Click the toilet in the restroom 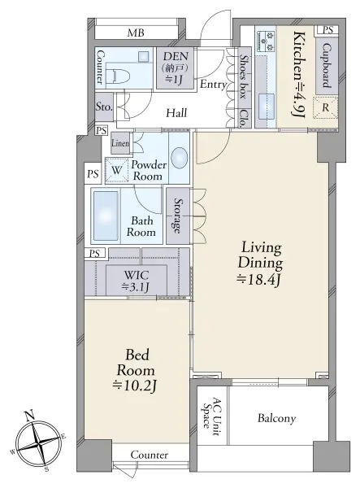[115, 76]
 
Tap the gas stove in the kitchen [266, 41]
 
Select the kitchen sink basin [266, 106]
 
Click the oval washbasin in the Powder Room [180, 158]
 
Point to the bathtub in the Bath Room [106, 216]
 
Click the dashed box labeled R [325, 107]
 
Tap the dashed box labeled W [116, 170]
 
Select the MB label [136, 33]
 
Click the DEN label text [176, 56]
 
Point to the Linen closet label [120, 143]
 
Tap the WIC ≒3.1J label [137, 281]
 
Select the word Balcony [276, 418]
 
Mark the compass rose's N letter [29, 415]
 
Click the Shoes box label [245, 77]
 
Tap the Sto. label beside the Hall [103, 107]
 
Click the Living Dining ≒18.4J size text [260, 264]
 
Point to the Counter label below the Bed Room [150, 455]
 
